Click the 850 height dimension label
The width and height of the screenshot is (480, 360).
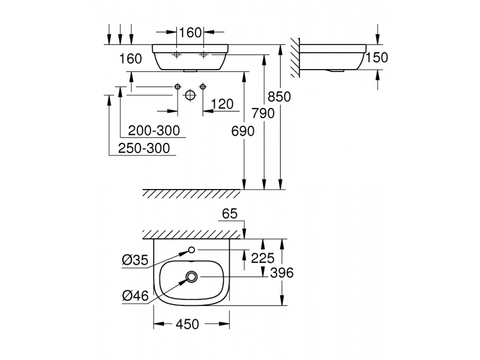[279, 97]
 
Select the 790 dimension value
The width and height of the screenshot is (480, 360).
[263, 113]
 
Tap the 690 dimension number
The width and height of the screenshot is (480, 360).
[243, 131]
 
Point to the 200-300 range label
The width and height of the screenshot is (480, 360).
[154, 131]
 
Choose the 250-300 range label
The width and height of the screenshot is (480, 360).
[144, 148]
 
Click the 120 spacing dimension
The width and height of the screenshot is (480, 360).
[222, 104]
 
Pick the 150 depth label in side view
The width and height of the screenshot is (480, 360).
[377, 58]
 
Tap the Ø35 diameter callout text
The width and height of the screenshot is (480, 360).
[135, 260]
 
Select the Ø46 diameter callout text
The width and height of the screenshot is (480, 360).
[135, 296]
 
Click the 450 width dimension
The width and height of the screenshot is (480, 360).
[187, 324]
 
